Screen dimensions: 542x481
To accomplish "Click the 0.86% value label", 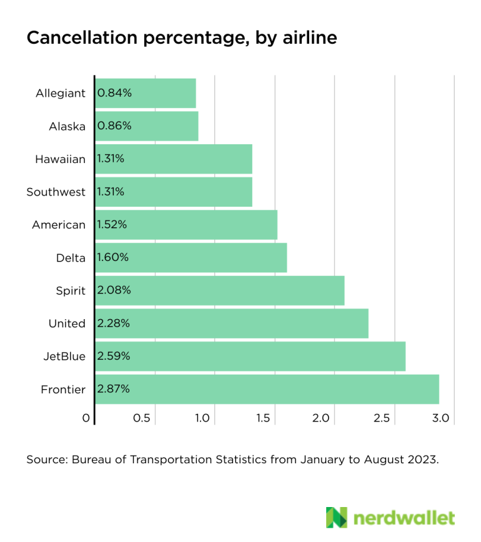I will (x=114, y=126).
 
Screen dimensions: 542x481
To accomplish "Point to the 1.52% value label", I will (x=112, y=225).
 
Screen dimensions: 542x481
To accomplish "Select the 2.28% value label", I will (x=114, y=323).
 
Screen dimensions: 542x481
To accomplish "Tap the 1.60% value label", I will (x=113, y=257).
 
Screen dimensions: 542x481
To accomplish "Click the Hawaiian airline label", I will (x=60, y=159).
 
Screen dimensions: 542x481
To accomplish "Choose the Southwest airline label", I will (x=56, y=192).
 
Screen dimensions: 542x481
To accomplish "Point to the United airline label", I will (x=67, y=323).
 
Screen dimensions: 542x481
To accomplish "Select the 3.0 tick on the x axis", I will (x=441, y=418).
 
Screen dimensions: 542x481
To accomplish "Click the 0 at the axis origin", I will (x=86, y=418).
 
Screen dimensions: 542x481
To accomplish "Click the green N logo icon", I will (x=337, y=518).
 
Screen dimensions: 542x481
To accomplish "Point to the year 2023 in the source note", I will (x=424, y=460).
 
